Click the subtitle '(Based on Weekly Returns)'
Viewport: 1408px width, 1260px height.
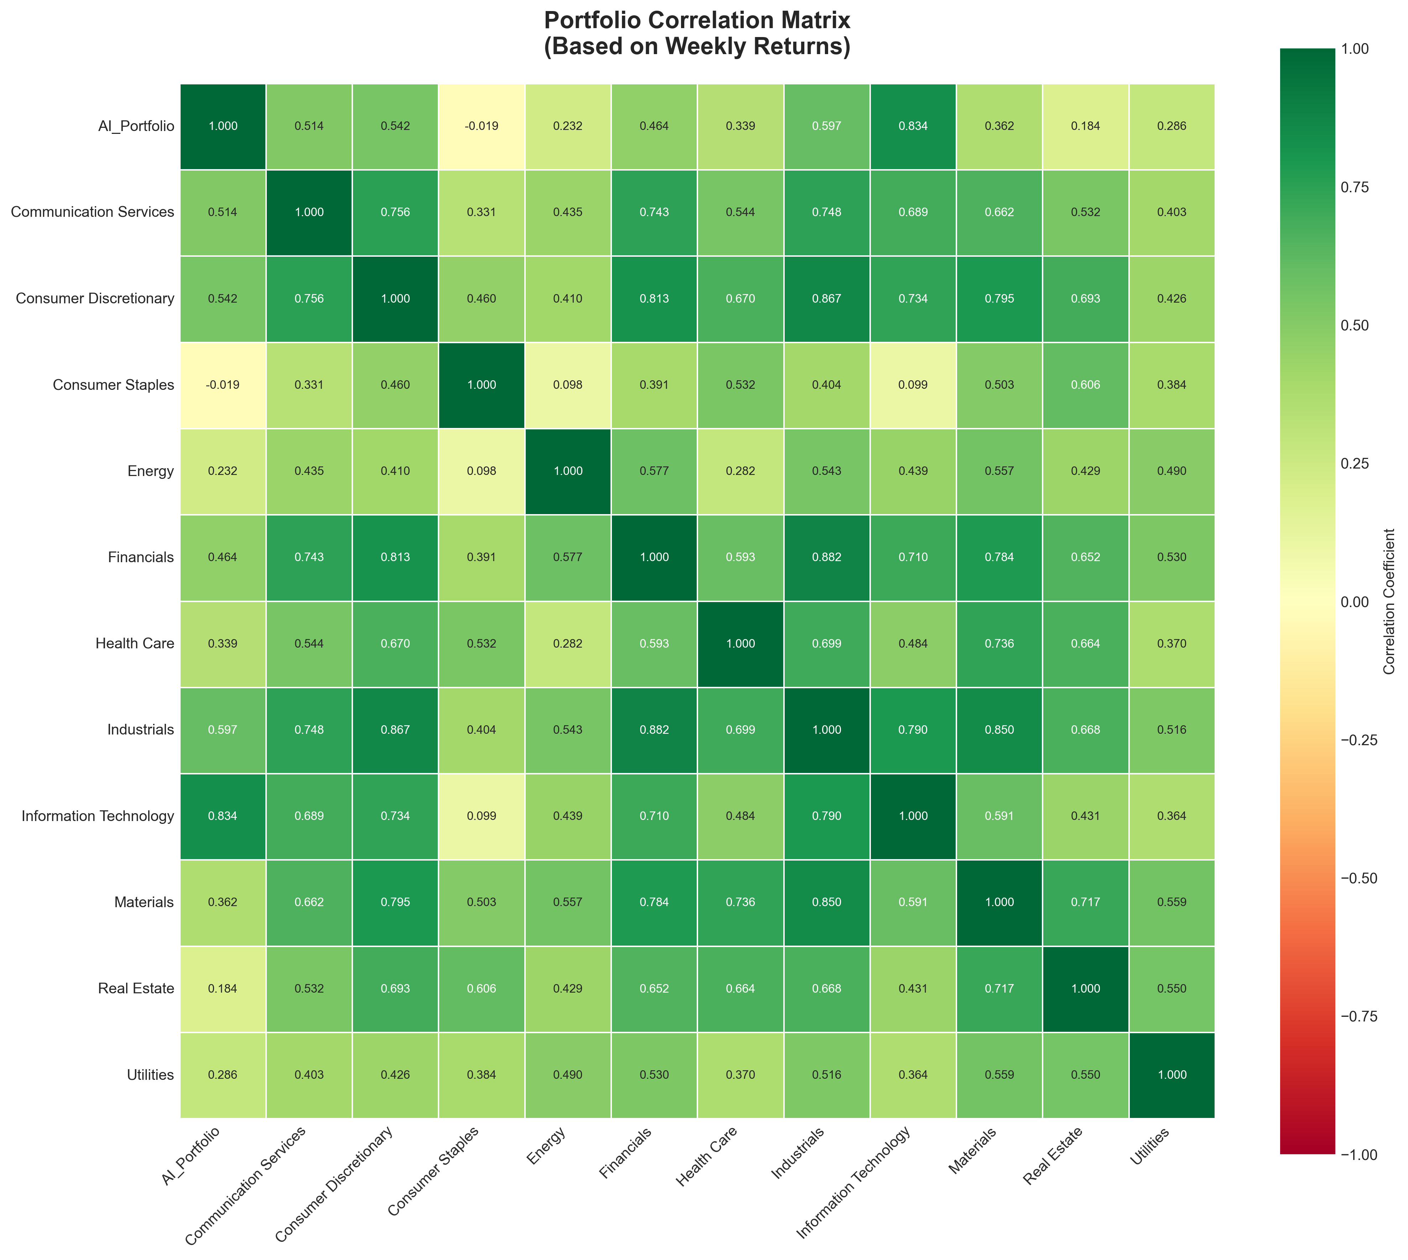(x=697, y=47)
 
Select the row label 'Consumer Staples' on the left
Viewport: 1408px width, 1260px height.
(x=114, y=385)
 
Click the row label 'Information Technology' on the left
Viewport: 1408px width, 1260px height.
(x=98, y=816)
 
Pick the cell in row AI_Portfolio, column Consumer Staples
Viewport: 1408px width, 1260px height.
(x=481, y=126)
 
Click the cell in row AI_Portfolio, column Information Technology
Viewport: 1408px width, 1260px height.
(x=913, y=126)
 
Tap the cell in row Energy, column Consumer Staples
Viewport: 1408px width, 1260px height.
(x=481, y=471)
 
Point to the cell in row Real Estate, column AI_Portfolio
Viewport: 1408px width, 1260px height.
(x=222, y=989)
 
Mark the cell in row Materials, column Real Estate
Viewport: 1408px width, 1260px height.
(x=1085, y=902)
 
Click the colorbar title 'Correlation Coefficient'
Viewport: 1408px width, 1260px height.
(x=1389, y=602)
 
